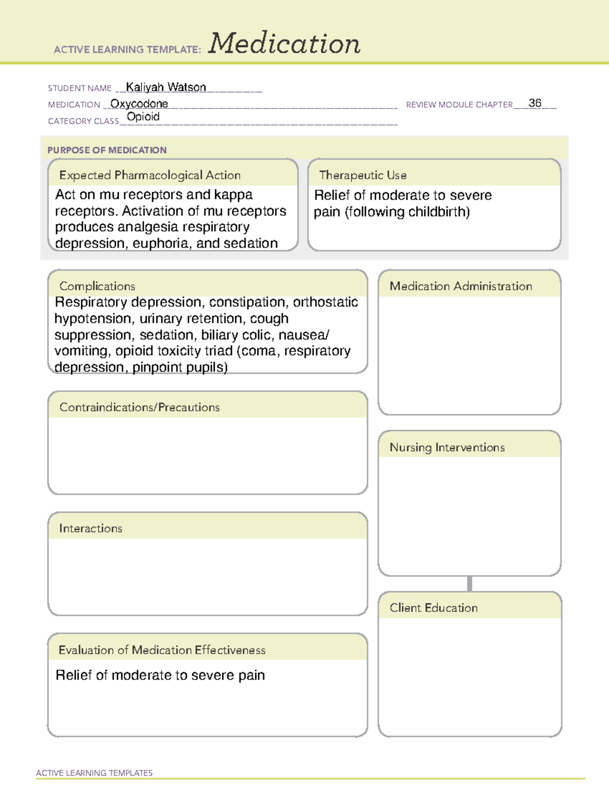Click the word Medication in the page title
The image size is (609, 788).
pos(284,44)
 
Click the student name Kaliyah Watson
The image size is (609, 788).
pos(166,87)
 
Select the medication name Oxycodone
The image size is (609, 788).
pos(139,104)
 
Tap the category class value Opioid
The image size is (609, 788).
pos(143,117)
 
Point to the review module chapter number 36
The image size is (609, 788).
pos(535,103)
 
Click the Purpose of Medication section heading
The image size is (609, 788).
pos(107,150)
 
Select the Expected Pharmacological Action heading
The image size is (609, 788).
pos(150,175)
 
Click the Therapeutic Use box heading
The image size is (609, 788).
pos(362,175)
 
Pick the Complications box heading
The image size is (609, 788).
pos(97,286)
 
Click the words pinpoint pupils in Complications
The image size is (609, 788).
pos(180,367)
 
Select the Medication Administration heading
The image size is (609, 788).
pos(460,286)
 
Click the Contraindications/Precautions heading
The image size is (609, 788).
pos(139,407)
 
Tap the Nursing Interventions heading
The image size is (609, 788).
pos(447,448)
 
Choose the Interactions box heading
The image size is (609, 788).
pos(90,529)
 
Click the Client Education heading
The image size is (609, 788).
pos(433,608)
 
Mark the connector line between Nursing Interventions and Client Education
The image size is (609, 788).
pos(469,584)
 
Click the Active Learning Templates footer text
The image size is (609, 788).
pos(94,773)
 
